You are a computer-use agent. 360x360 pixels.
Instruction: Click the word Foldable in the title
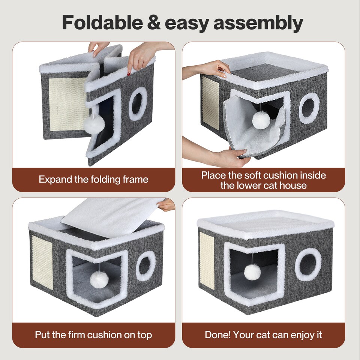[102, 22]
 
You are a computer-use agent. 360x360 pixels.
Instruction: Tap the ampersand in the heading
[154, 22]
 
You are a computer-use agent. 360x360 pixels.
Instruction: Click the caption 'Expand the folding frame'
[93, 179]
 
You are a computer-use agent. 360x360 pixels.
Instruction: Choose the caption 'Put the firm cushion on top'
[93, 335]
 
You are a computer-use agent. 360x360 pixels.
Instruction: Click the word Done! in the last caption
[217, 334]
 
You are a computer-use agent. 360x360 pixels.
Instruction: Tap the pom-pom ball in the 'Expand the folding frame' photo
[94, 124]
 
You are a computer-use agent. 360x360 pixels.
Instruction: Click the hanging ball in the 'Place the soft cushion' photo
[261, 120]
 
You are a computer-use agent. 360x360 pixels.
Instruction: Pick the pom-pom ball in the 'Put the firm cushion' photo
[99, 279]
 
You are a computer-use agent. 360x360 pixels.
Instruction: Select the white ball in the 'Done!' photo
[252, 272]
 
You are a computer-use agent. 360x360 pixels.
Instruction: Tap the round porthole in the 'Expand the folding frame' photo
[138, 104]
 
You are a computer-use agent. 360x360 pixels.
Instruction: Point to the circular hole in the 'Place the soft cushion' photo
[309, 108]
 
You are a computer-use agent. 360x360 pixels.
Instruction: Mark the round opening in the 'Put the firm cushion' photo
[145, 266]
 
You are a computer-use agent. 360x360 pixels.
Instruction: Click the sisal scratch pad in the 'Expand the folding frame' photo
[68, 105]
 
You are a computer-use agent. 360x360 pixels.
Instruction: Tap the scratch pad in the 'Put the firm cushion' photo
[42, 262]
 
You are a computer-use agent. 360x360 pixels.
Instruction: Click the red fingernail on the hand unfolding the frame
[129, 74]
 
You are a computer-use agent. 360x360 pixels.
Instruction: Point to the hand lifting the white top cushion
[166, 205]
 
